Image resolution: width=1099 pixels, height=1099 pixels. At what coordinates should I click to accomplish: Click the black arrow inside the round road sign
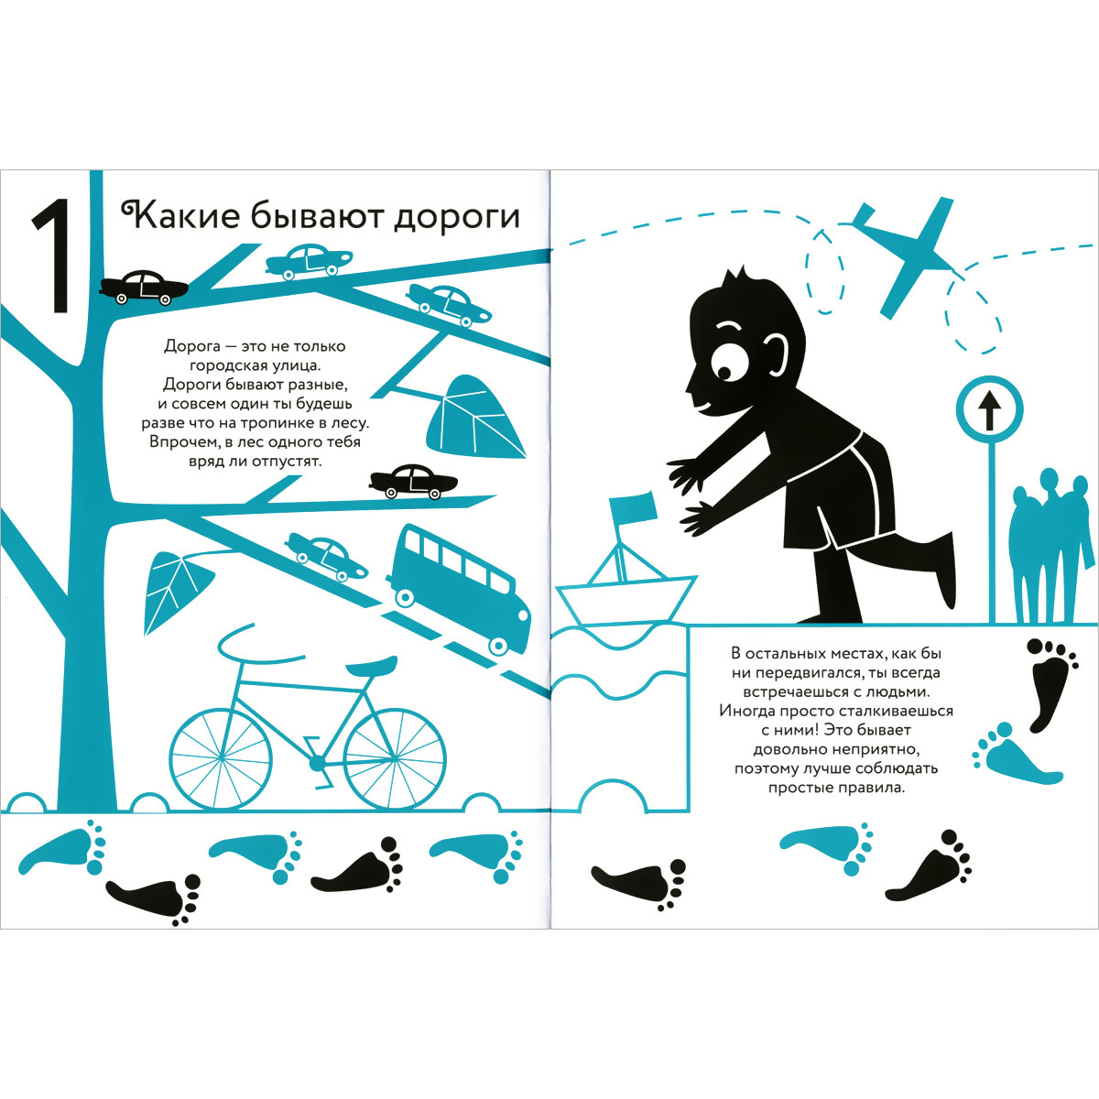tap(989, 412)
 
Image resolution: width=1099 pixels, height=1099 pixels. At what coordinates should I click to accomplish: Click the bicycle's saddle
tap(371, 665)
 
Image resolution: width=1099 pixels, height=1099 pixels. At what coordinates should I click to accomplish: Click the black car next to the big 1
tap(143, 288)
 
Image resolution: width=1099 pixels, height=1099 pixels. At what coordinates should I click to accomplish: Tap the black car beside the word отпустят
tap(413, 482)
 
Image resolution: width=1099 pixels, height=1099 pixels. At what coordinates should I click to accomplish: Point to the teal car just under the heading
tap(310, 262)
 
